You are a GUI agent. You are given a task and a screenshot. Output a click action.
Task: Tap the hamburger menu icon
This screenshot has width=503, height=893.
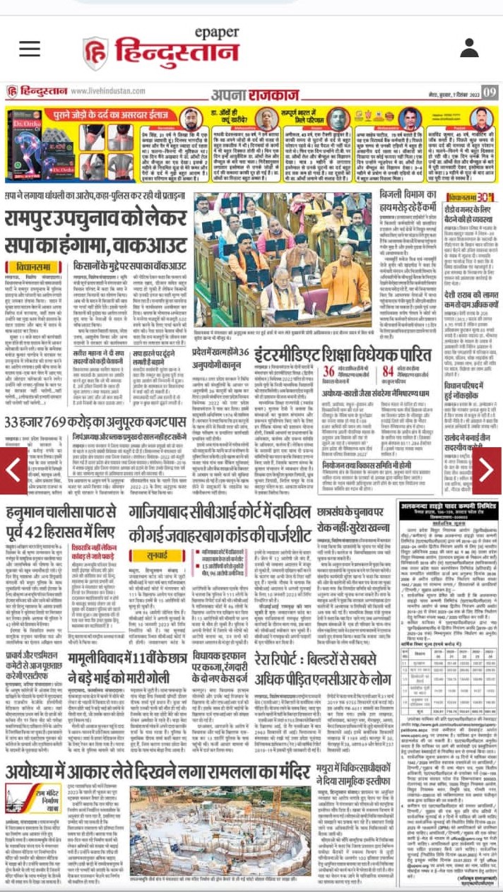coord(30,48)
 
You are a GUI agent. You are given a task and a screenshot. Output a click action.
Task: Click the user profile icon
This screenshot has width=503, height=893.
coord(470,48)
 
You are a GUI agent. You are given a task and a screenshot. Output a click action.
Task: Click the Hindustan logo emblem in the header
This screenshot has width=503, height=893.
coord(95,53)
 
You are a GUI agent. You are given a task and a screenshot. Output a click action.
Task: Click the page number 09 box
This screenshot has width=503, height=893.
coord(490,92)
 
